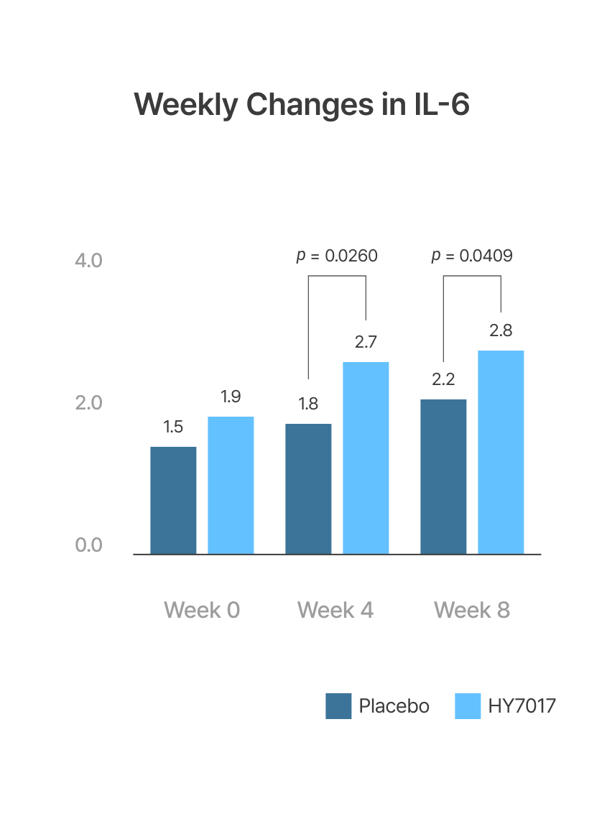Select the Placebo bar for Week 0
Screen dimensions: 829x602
click(x=173, y=500)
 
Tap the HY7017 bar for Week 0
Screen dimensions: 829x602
click(x=231, y=485)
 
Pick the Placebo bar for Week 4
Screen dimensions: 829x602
click(x=308, y=488)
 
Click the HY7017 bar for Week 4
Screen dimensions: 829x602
click(x=366, y=458)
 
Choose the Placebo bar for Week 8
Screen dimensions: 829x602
click(x=443, y=476)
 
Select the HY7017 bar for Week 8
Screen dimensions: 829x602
click(x=501, y=452)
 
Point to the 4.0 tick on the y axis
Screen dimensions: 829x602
click(x=89, y=260)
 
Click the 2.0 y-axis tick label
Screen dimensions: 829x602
click(x=89, y=403)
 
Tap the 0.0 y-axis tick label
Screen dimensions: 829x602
click(x=89, y=545)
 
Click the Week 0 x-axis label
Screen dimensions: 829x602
click(x=202, y=610)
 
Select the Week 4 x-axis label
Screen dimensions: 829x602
click(x=335, y=610)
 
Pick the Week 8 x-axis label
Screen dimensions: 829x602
click(x=472, y=610)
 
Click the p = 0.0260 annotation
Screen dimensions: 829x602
click(x=337, y=256)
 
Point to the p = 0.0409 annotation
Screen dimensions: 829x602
click(x=472, y=256)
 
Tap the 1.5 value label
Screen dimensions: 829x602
click(x=173, y=427)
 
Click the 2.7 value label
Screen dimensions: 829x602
click(x=366, y=342)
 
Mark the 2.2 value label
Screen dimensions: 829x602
click(x=443, y=379)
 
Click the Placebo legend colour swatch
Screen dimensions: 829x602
click(x=338, y=706)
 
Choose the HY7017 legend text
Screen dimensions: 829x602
click(x=522, y=706)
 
